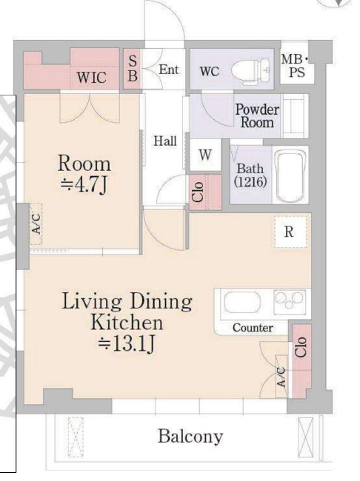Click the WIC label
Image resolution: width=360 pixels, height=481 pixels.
click(x=92, y=77)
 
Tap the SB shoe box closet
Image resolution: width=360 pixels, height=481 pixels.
click(x=133, y=69)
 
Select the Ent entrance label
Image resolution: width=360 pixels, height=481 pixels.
click(x=169, y=70)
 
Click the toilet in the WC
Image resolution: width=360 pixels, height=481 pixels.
click(x=251, y=72)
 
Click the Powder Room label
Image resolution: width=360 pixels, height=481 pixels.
click(x=257, y=116)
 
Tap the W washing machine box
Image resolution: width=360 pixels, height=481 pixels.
click(x=205, y=155)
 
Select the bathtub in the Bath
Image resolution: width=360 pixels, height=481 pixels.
click(x=291, y=175)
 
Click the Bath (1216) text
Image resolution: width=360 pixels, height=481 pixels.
click(x=250, y=175)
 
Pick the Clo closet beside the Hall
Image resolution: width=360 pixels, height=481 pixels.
click(x=205, y=192)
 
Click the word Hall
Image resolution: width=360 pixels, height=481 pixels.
click(x=165, y=141)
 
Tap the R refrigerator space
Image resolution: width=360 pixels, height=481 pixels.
click(x=290, y=232)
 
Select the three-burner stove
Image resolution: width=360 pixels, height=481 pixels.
click(x=290, y=301)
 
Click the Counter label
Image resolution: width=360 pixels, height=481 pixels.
click(x=253, y=328)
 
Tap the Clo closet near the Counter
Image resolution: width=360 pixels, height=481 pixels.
click(x=301, y=361)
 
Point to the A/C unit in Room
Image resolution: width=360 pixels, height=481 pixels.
click(x=36, y=224)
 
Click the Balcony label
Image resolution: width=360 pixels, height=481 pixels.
click(x=190, y=436)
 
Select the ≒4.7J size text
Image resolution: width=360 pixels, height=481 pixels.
click(x=84, y=185)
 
